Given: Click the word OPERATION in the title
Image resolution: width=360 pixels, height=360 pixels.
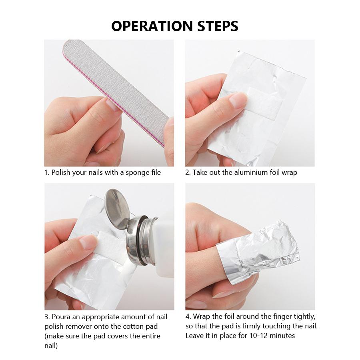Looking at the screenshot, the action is click(x=152, y=26).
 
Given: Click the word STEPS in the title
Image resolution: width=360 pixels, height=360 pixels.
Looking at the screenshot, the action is click(x=218, y=26).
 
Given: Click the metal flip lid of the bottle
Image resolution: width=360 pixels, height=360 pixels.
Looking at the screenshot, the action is click(x=118, y=208).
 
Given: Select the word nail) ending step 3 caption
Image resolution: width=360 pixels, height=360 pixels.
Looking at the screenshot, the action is click(x=51, y=346).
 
